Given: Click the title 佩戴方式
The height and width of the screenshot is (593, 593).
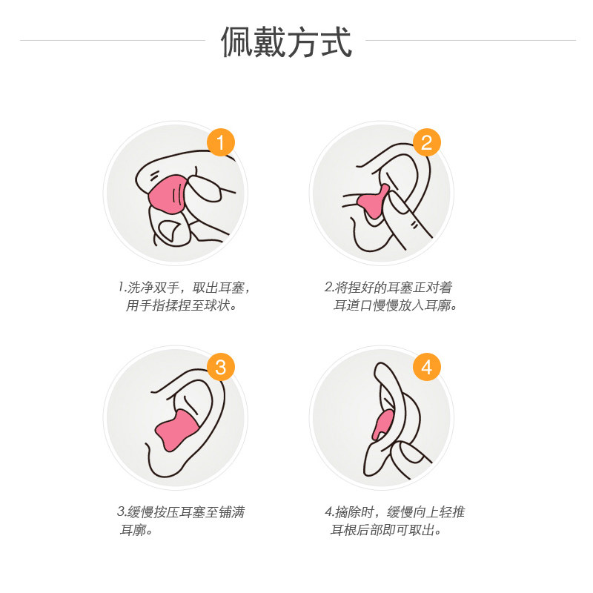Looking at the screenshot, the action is [286, 42].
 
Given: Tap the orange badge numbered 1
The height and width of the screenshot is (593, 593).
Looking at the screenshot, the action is [221, 142].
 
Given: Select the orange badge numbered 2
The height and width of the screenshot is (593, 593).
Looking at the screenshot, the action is [427, 142].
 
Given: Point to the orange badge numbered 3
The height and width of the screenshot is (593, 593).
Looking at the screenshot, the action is [221, 367].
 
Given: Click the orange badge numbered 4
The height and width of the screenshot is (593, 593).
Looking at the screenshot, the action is [427, 367].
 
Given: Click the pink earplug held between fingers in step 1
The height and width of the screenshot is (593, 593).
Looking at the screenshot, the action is [168, 194].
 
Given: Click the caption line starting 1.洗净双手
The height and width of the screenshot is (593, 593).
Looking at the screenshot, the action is [184, 288].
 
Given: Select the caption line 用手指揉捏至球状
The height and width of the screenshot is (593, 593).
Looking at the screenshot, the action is [182, 305].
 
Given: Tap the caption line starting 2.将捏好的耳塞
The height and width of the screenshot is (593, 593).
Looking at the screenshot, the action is [388, 288].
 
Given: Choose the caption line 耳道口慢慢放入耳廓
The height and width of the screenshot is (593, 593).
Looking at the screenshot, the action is [396, 305].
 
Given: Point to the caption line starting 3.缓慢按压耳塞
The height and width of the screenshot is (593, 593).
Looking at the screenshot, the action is [181, 511].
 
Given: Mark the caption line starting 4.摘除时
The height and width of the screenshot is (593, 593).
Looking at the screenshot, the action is [394, 511].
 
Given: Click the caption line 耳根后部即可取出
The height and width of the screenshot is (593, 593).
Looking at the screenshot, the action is [386, 530].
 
